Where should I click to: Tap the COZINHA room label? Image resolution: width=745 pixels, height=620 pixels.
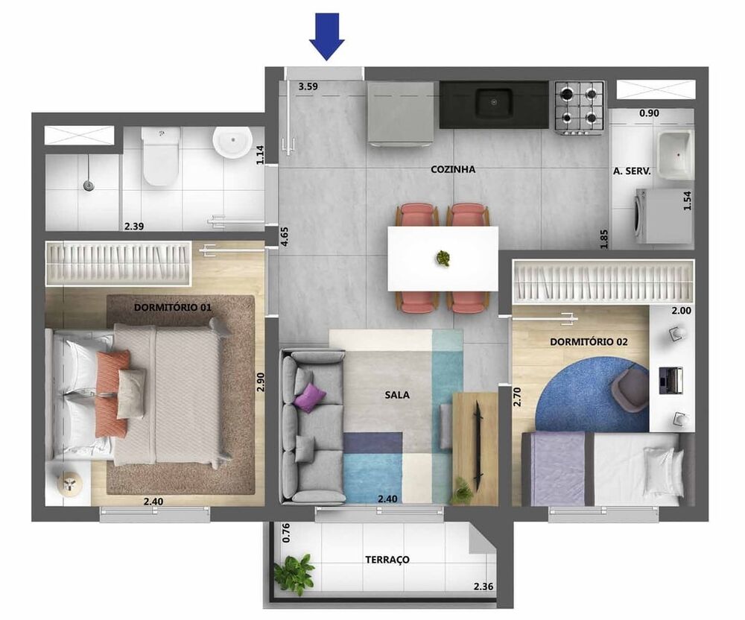pyautogui.click(x=453, y=169)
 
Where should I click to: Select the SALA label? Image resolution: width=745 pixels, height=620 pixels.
pyautogui.click(x=398, y=395)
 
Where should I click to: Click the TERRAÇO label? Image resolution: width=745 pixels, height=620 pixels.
pyautogui.click(x=387, y=559)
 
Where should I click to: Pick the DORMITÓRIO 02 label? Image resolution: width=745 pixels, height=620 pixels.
pyautogui.click(x=589, y=342)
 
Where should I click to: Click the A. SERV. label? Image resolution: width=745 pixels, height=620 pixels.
pyautogui.click(x=632, y=171)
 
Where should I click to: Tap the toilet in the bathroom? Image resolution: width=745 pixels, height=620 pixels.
pyautogui.click(x=161, y=158)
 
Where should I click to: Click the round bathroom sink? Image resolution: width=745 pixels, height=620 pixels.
pyautogui.click(x=232, y=141)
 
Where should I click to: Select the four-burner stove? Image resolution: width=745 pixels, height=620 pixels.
pyautogui.click(x=578, y=105)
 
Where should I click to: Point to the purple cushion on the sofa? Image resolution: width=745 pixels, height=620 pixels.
pyautogui.click(x=310, y=398)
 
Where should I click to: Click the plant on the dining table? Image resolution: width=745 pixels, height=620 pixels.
pyautogui.click(x=444, y=259)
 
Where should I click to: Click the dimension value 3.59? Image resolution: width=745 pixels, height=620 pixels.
pyautogui.click(x=308, y=86)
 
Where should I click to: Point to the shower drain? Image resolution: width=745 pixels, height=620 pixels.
pyautogui.click(x=88, y=184)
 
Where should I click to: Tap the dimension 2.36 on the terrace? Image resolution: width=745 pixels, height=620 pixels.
pyautogui.click(x=483, y=586)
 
